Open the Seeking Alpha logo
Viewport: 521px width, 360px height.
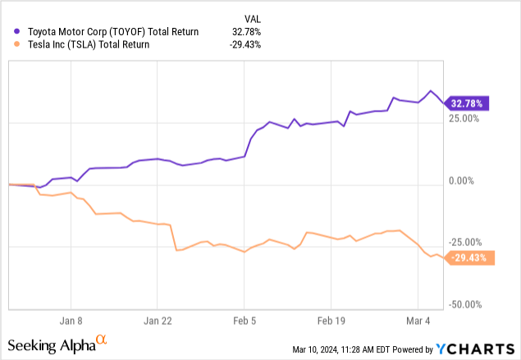(57, 343)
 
